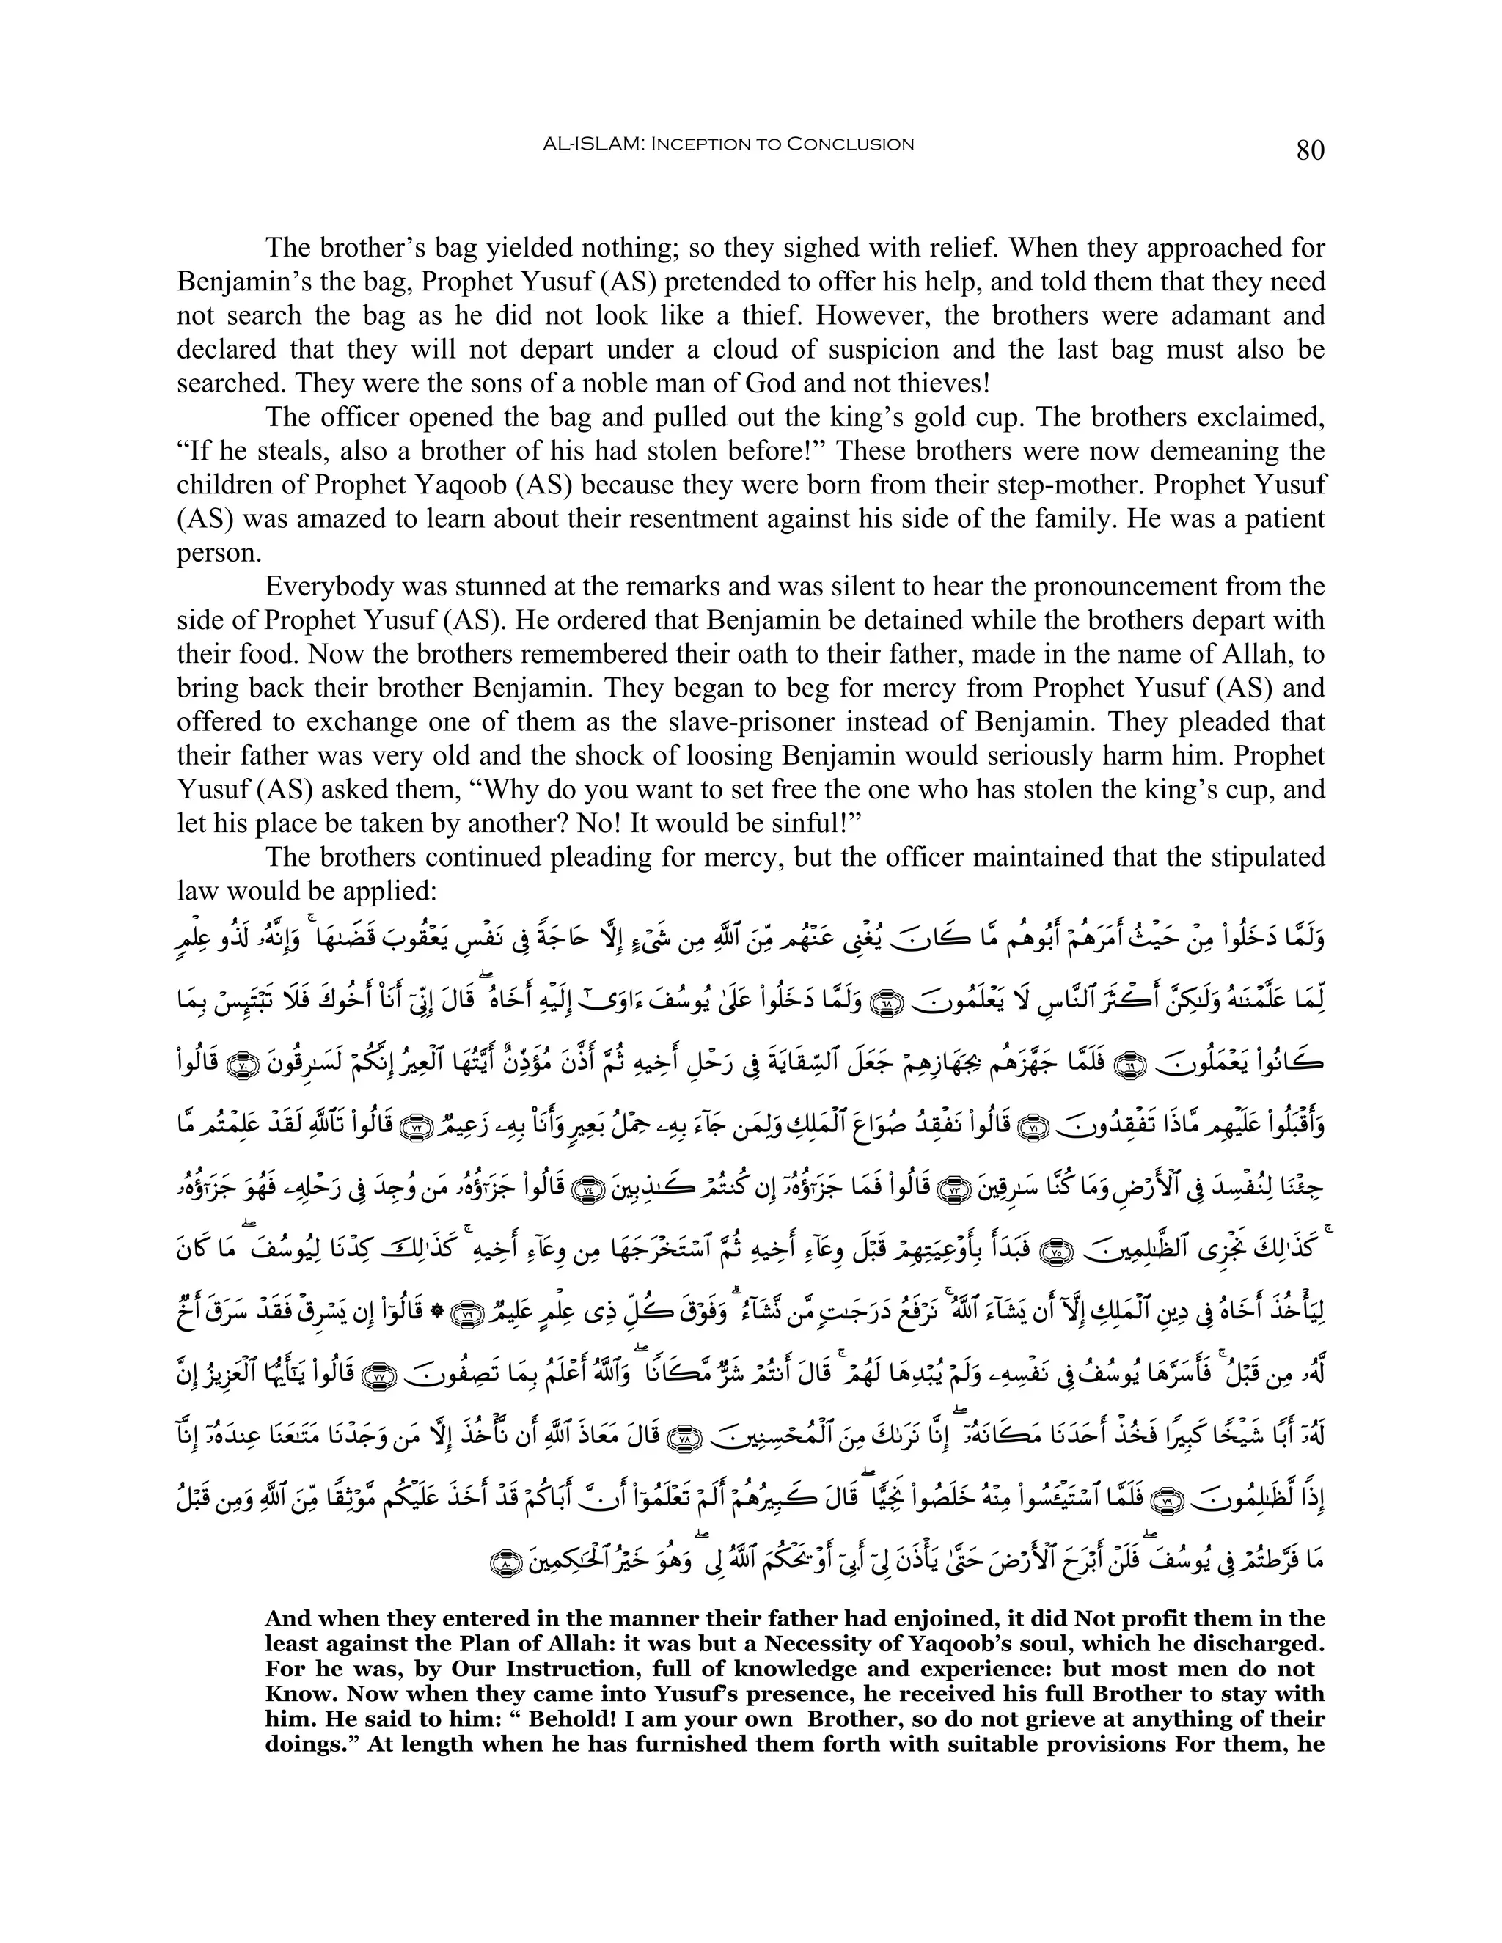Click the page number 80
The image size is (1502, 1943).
[1310, 150]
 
